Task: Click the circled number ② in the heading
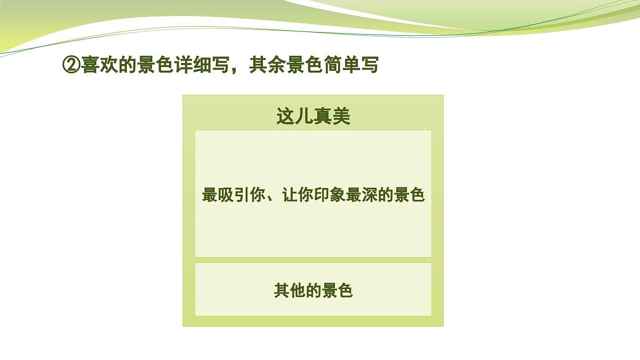pyautogui.click(x=71, y=66)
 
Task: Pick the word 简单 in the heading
pyautogui.click(x=341, y=66)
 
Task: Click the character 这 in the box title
pyautogui.click(x=285, y=116)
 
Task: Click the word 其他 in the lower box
pyautogui.click(x=290, y=291)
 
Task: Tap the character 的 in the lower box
pyautogui.click(x=314, y=291)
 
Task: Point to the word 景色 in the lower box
pyautogui.click(x=337, y=291)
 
